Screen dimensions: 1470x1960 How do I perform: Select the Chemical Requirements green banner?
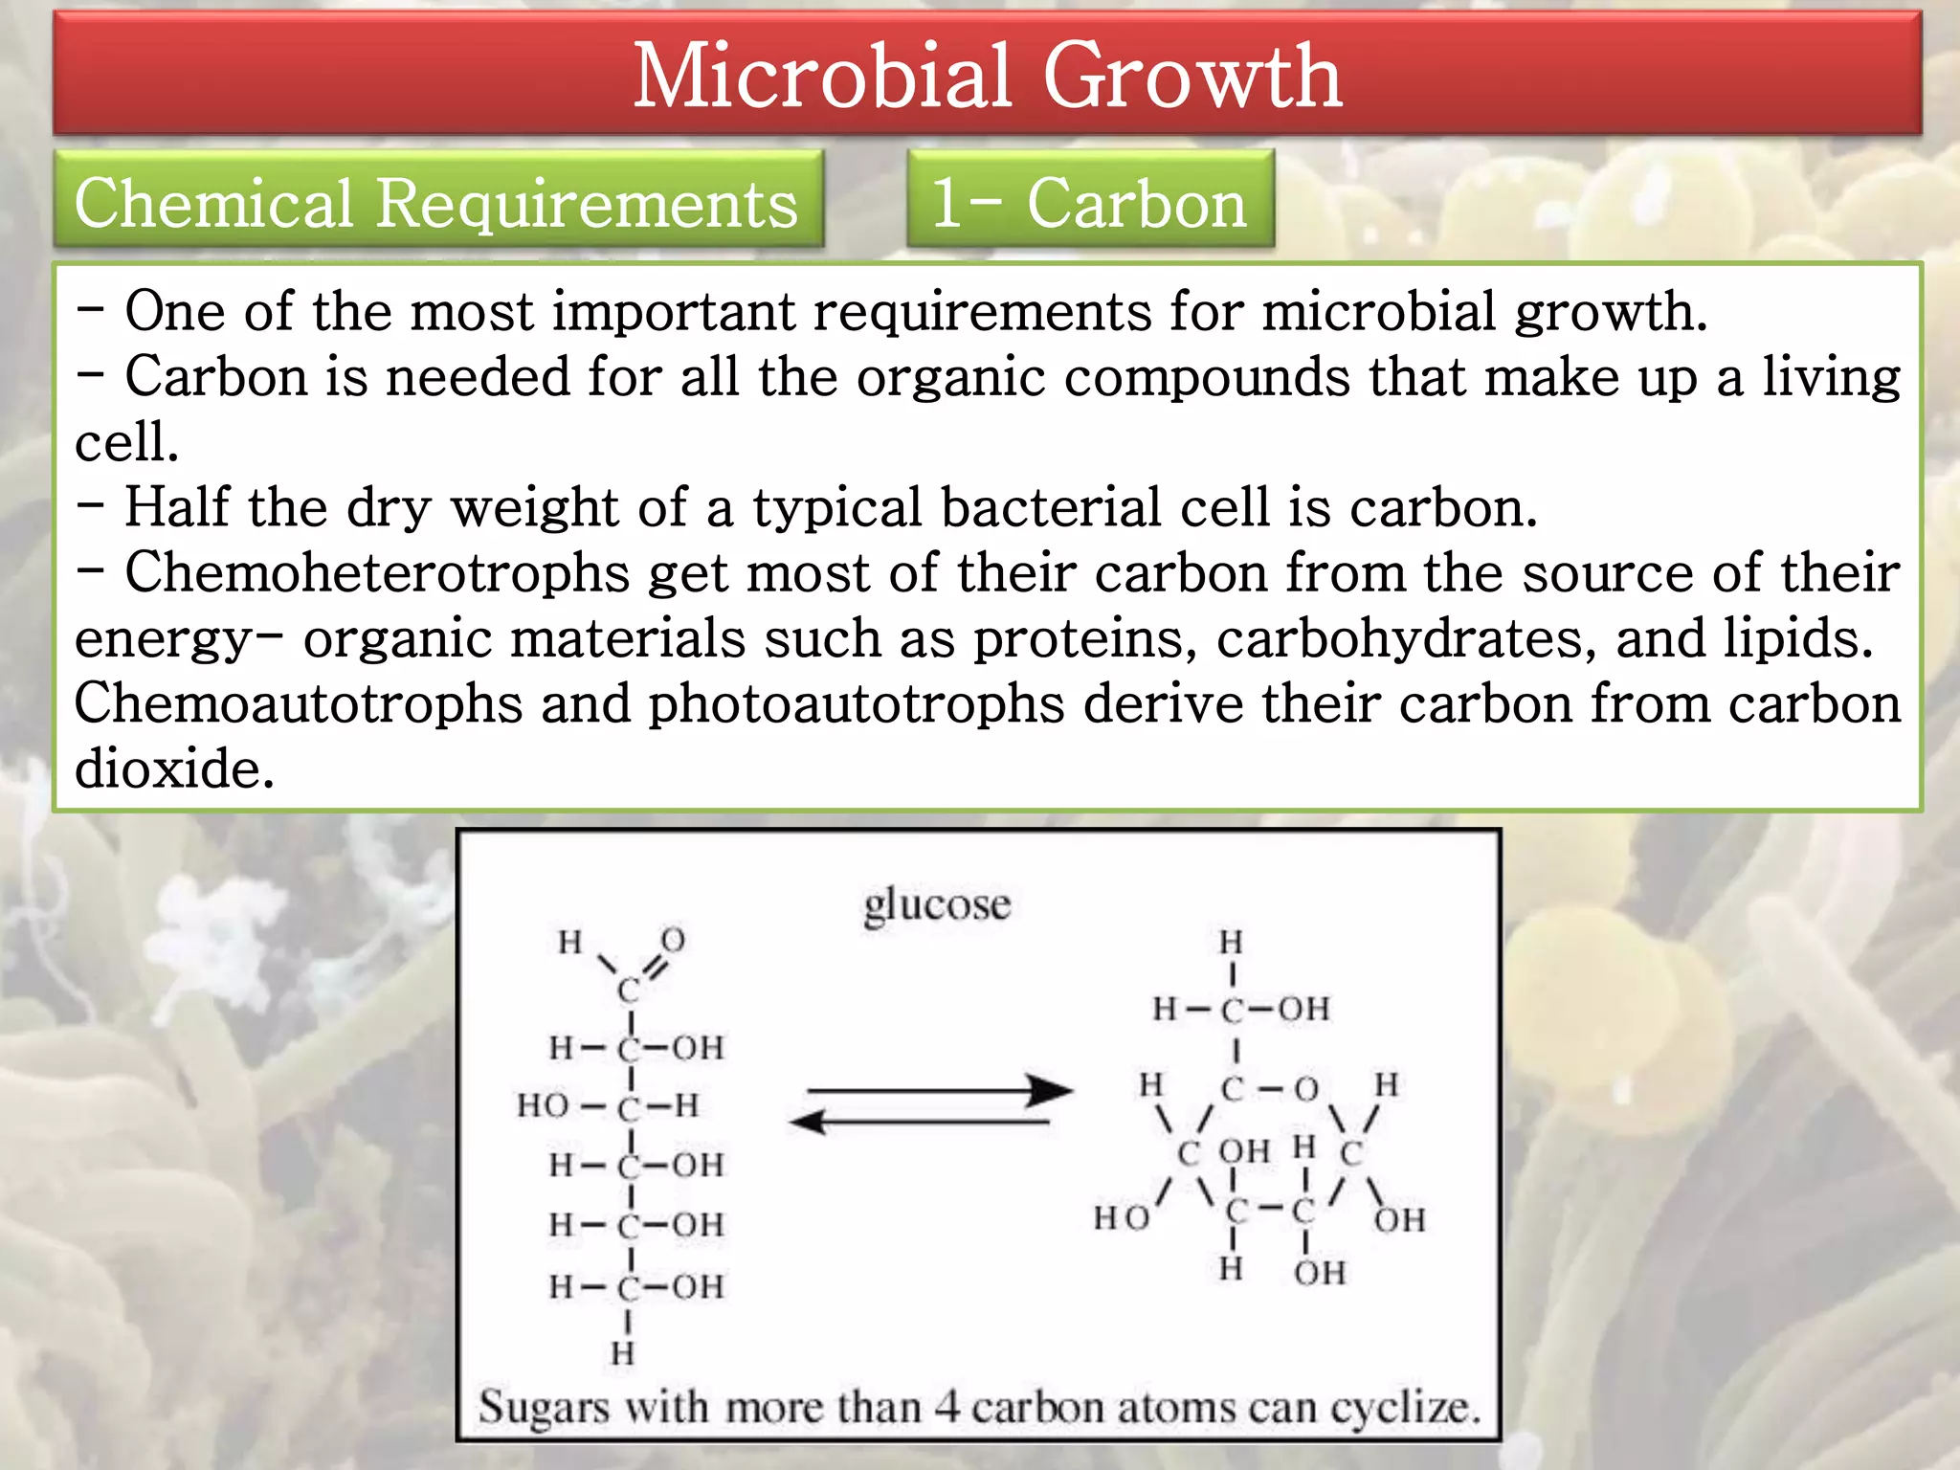coord(436,203)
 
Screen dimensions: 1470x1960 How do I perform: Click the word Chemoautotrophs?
coord(299,704)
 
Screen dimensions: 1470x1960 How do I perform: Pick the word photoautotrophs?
coord(856,704)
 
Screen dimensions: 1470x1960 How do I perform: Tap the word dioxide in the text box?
coord(174,768)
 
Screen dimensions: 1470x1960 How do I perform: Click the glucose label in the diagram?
coord(936,904)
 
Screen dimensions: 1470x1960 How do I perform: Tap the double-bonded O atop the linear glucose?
coord(673,940)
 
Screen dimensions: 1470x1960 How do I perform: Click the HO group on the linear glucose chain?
coord(543,1106)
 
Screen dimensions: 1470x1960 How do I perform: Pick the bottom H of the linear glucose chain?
coord(622,1353)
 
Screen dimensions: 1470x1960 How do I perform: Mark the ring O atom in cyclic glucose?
coord(1306,1089)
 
